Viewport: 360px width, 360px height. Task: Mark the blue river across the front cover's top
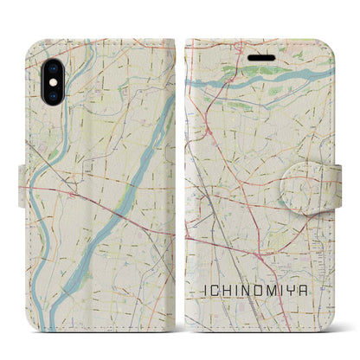[260, 82]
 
